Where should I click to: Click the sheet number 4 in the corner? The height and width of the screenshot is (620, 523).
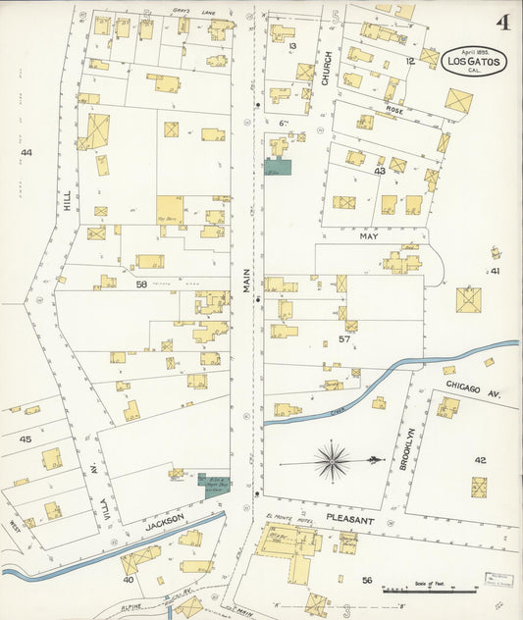pos(501,22)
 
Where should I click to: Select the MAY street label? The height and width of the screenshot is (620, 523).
pos(368,236)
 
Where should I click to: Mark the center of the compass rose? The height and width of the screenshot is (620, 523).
pos(334,459)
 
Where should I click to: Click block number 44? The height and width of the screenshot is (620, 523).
pos(26,153)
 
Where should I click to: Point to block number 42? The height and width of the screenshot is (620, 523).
pos(480,459)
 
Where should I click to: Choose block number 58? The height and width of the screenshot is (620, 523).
pos(141,284)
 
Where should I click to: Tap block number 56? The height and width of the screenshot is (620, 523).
pos(366,580)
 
